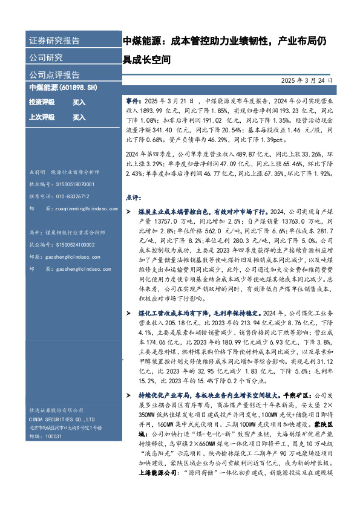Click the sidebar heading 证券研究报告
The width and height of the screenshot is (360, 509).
point(54,41)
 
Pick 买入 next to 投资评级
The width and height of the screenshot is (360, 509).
point(79,103)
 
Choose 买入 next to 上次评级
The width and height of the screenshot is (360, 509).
point(79,117)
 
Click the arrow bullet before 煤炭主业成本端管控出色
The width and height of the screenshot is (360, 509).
point(127,213)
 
